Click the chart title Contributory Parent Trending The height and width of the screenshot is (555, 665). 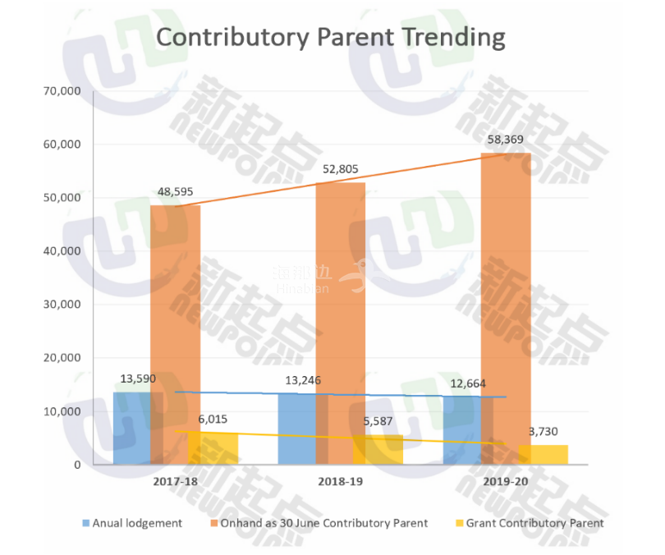(331, 38)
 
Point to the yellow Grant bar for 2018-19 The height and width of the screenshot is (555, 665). (378, 450)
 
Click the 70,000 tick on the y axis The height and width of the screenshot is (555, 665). (62, 91)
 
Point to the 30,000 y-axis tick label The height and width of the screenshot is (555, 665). (62, 305)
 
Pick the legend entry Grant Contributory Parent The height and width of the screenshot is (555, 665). (534, 523)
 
